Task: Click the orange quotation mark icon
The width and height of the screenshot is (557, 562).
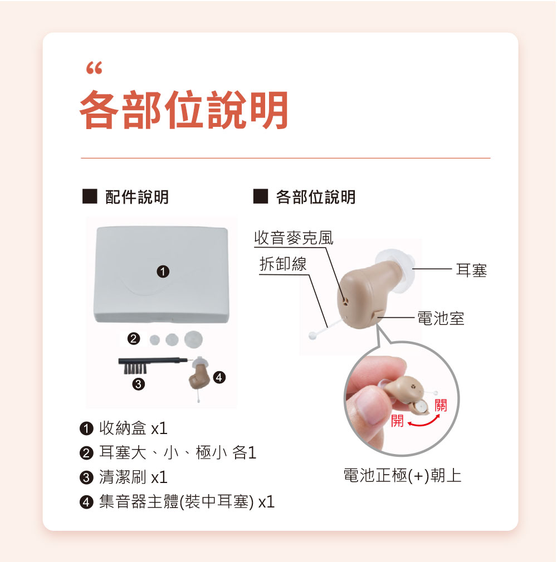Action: (x=94, y=68)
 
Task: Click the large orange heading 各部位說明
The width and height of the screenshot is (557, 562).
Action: (x=184, y=110)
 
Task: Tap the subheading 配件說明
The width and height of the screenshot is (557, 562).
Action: (x=136, y=197)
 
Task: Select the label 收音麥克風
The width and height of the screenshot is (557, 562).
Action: (x=294, y=238)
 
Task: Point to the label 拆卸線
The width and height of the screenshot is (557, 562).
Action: (x=283, y=264)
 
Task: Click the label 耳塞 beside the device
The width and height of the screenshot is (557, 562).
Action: (x=471, y=270)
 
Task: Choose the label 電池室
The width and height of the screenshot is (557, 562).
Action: (x=441, y=318)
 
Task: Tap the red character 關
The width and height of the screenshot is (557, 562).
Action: (x=441, y=406)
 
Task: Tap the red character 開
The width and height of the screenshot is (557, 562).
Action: (x=397, y=421)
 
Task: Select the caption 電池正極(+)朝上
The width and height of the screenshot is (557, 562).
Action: (x=402, y=476)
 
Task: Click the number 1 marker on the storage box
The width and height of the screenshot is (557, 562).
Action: (x=163, y=272)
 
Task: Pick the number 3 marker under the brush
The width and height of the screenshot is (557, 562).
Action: (x=139, y=384)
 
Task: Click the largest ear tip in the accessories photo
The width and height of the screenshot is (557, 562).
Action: (x=193, y=339)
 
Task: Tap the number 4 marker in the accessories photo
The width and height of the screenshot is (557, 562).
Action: (x=219, y=377)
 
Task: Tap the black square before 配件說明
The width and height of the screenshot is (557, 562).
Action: (x=90, y=196)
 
